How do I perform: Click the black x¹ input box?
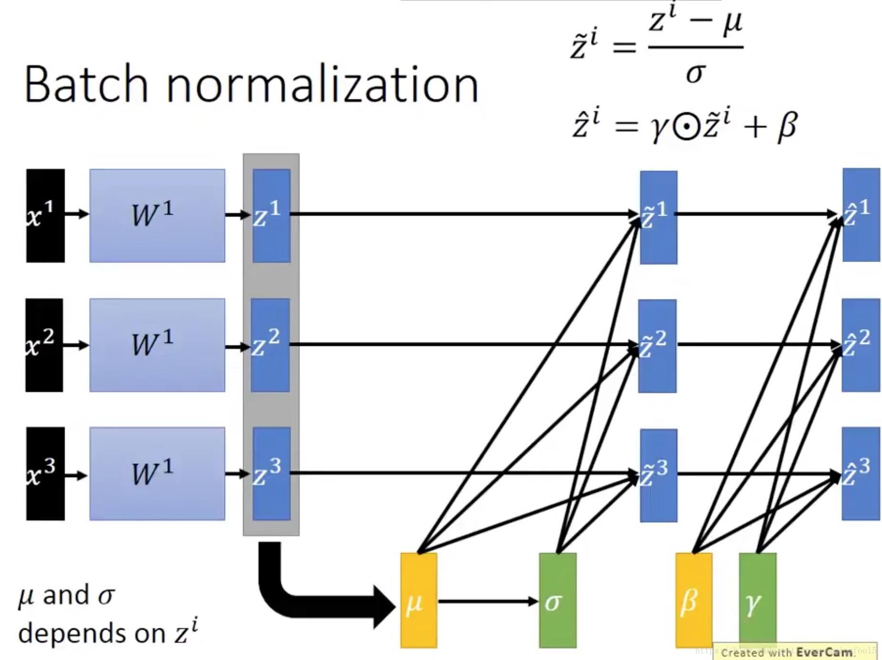click(45, 215)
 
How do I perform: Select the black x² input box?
click(44, 345)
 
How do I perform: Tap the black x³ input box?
click(45, 473)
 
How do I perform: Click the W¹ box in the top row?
click(157, 215)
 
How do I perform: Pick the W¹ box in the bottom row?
click(157, 473)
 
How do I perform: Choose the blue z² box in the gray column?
click(270, 345)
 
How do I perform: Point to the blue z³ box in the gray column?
click(271, 473)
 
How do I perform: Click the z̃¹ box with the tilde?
click(658, 217)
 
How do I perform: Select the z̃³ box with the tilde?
click(658, 475)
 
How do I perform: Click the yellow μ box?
click(419, 601)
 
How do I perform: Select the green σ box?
click(558, 601)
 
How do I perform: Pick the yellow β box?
click(694, 601)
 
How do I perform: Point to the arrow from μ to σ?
click(487, 601)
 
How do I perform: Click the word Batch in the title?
click(86, 85)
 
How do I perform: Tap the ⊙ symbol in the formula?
click(686, 127)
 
